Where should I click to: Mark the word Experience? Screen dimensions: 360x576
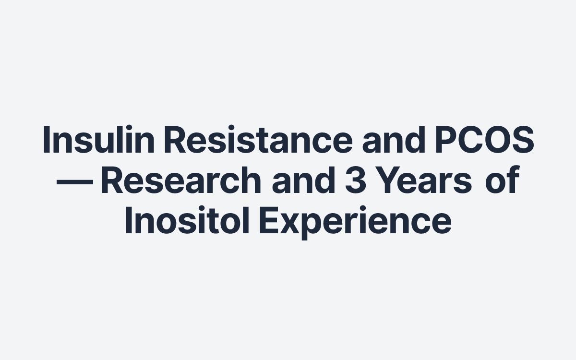click(356, 222)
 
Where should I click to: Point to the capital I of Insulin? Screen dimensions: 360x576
click(47, 139)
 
